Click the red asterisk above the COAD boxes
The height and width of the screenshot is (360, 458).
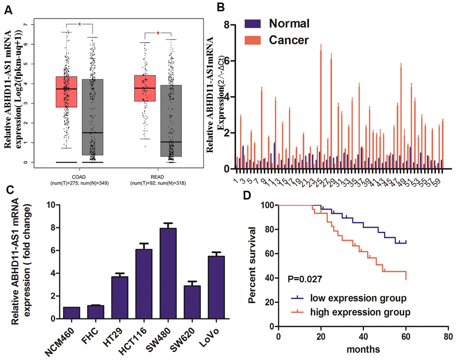click(79, 25)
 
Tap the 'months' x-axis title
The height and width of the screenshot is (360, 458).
click(363, 348)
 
